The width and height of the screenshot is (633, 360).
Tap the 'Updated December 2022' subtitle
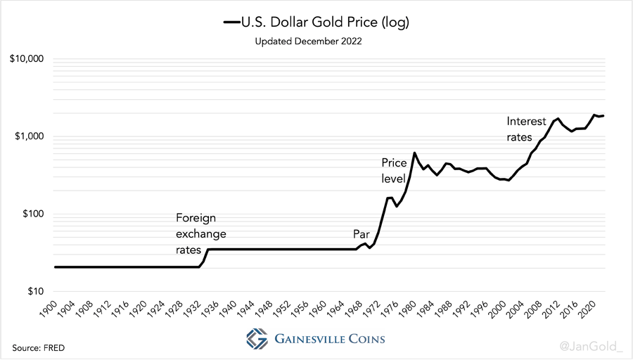tap(308, 41)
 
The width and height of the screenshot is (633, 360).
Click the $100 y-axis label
tap(32, 214)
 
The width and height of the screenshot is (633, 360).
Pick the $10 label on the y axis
tap(34, 291)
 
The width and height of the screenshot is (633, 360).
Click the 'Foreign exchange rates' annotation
tap(200, 233)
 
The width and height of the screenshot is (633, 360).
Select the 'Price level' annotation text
tap(394, 171)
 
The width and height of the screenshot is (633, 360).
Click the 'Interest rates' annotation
tap(526, 129)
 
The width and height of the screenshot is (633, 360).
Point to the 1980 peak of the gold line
tap(414, 153)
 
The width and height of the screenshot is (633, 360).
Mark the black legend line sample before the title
tap(231, 22)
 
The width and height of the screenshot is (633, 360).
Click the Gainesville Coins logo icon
tap(257, 337)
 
